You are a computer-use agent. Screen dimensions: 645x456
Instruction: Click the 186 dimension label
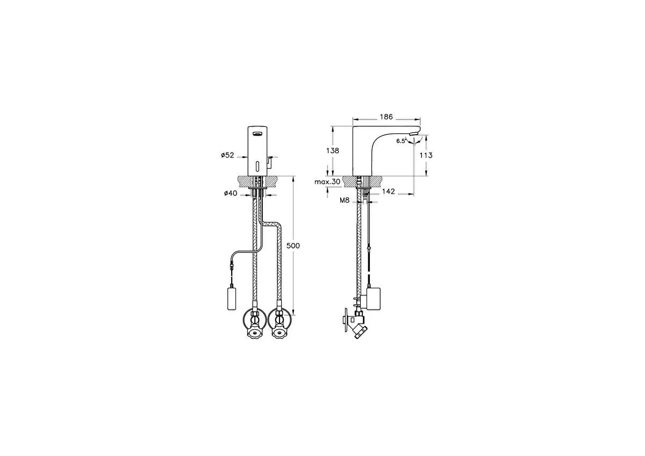coord(386,117)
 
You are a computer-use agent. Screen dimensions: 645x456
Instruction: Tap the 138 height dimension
coord(333,151)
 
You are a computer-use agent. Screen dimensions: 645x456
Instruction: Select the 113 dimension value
coord(426,155)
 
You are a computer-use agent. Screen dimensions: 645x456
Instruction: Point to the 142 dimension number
coord(389,191)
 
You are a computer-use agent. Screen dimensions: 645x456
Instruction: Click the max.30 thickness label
coord(327,182)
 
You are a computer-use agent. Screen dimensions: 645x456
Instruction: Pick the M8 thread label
coord(345,200)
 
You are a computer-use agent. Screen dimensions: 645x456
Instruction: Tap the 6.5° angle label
coord(401,141)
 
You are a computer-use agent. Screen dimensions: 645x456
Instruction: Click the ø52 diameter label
coord(227,155)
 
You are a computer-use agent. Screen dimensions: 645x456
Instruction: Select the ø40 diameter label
coord(231,193)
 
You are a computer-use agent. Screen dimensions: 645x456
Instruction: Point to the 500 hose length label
coord(293,246)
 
